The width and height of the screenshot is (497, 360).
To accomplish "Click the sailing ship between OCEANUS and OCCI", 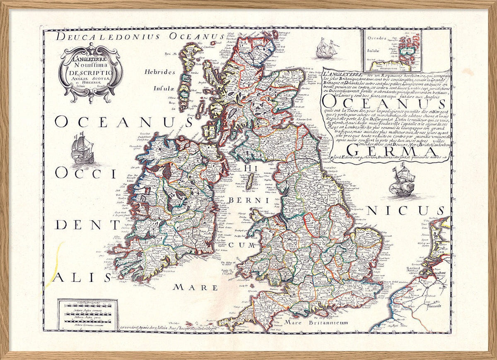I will point(82,148).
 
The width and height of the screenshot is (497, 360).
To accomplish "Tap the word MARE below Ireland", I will point(195,287).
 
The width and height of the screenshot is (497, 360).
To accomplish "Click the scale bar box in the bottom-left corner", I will point(87,314).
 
